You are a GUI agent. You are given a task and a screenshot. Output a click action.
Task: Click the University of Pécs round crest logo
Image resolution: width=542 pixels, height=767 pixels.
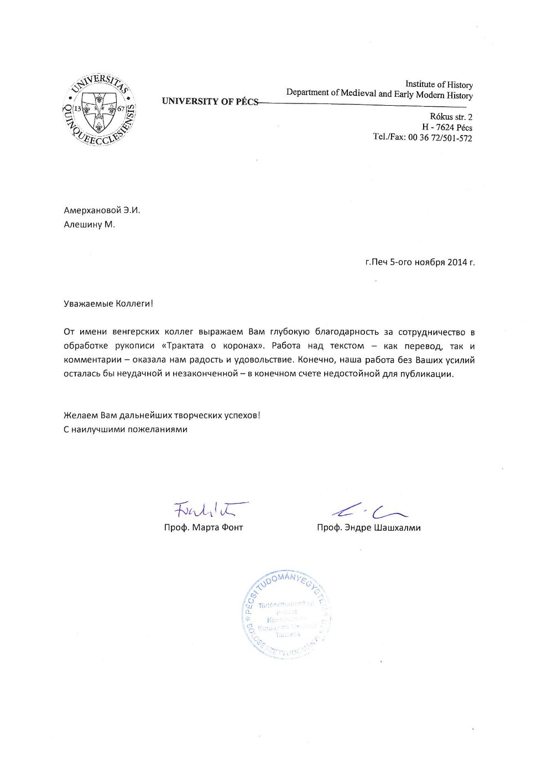pyautogui.click(x=99, y=109)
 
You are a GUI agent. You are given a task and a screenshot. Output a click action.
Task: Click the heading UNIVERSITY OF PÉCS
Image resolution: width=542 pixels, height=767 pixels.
pyautogui.click(x=210, y=101)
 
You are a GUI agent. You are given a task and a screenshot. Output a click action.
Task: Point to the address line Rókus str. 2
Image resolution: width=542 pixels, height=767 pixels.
pyautogui.click(x=451, y=117)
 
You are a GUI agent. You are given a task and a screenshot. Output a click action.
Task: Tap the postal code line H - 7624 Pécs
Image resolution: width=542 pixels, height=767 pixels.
pyautogui.click(x=447, y=127)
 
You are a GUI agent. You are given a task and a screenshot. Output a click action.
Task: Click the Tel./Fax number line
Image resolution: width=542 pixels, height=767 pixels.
pyautogui.click(x=423, y=138)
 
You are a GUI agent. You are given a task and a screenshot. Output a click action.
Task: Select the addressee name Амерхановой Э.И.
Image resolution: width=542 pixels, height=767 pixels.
pyautogui.click(x=102, y=210)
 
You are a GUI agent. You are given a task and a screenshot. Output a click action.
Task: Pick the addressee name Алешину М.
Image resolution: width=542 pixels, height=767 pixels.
pyautogui.click(x=90, y=224)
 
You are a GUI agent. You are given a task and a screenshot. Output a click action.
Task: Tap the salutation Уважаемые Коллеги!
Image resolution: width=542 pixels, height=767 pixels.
pyautogui.click(x=108, y=303)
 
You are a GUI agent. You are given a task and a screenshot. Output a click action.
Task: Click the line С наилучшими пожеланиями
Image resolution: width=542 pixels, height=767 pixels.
pyautogui.click(x=126, y=429)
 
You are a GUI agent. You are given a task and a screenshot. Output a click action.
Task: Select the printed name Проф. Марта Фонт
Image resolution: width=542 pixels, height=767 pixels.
pyautogui.click(x=204, y=527)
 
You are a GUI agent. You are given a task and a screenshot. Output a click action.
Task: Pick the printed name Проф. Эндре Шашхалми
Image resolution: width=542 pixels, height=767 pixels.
pyautogui.click(x=368, y=527)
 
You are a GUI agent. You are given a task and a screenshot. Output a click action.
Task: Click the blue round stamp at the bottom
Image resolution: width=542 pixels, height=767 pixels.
pyautogui.click(x=286, y=614)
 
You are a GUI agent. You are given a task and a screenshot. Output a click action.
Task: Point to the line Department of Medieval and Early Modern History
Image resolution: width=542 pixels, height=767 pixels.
pyautogui.click(x=379, y=94)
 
